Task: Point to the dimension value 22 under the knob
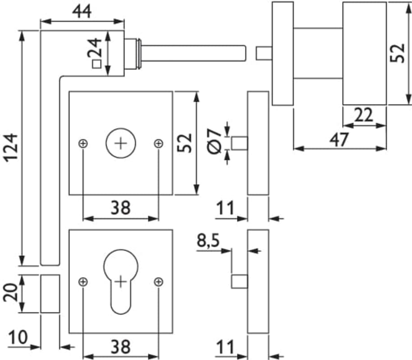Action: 364,116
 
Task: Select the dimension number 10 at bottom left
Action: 18,337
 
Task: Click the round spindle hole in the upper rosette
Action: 120,144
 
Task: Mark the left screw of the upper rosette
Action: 83,144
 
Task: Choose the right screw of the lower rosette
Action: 158,282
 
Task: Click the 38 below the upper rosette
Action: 120,208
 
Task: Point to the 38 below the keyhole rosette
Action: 120,347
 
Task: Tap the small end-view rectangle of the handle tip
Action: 50,293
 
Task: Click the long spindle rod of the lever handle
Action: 194,53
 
